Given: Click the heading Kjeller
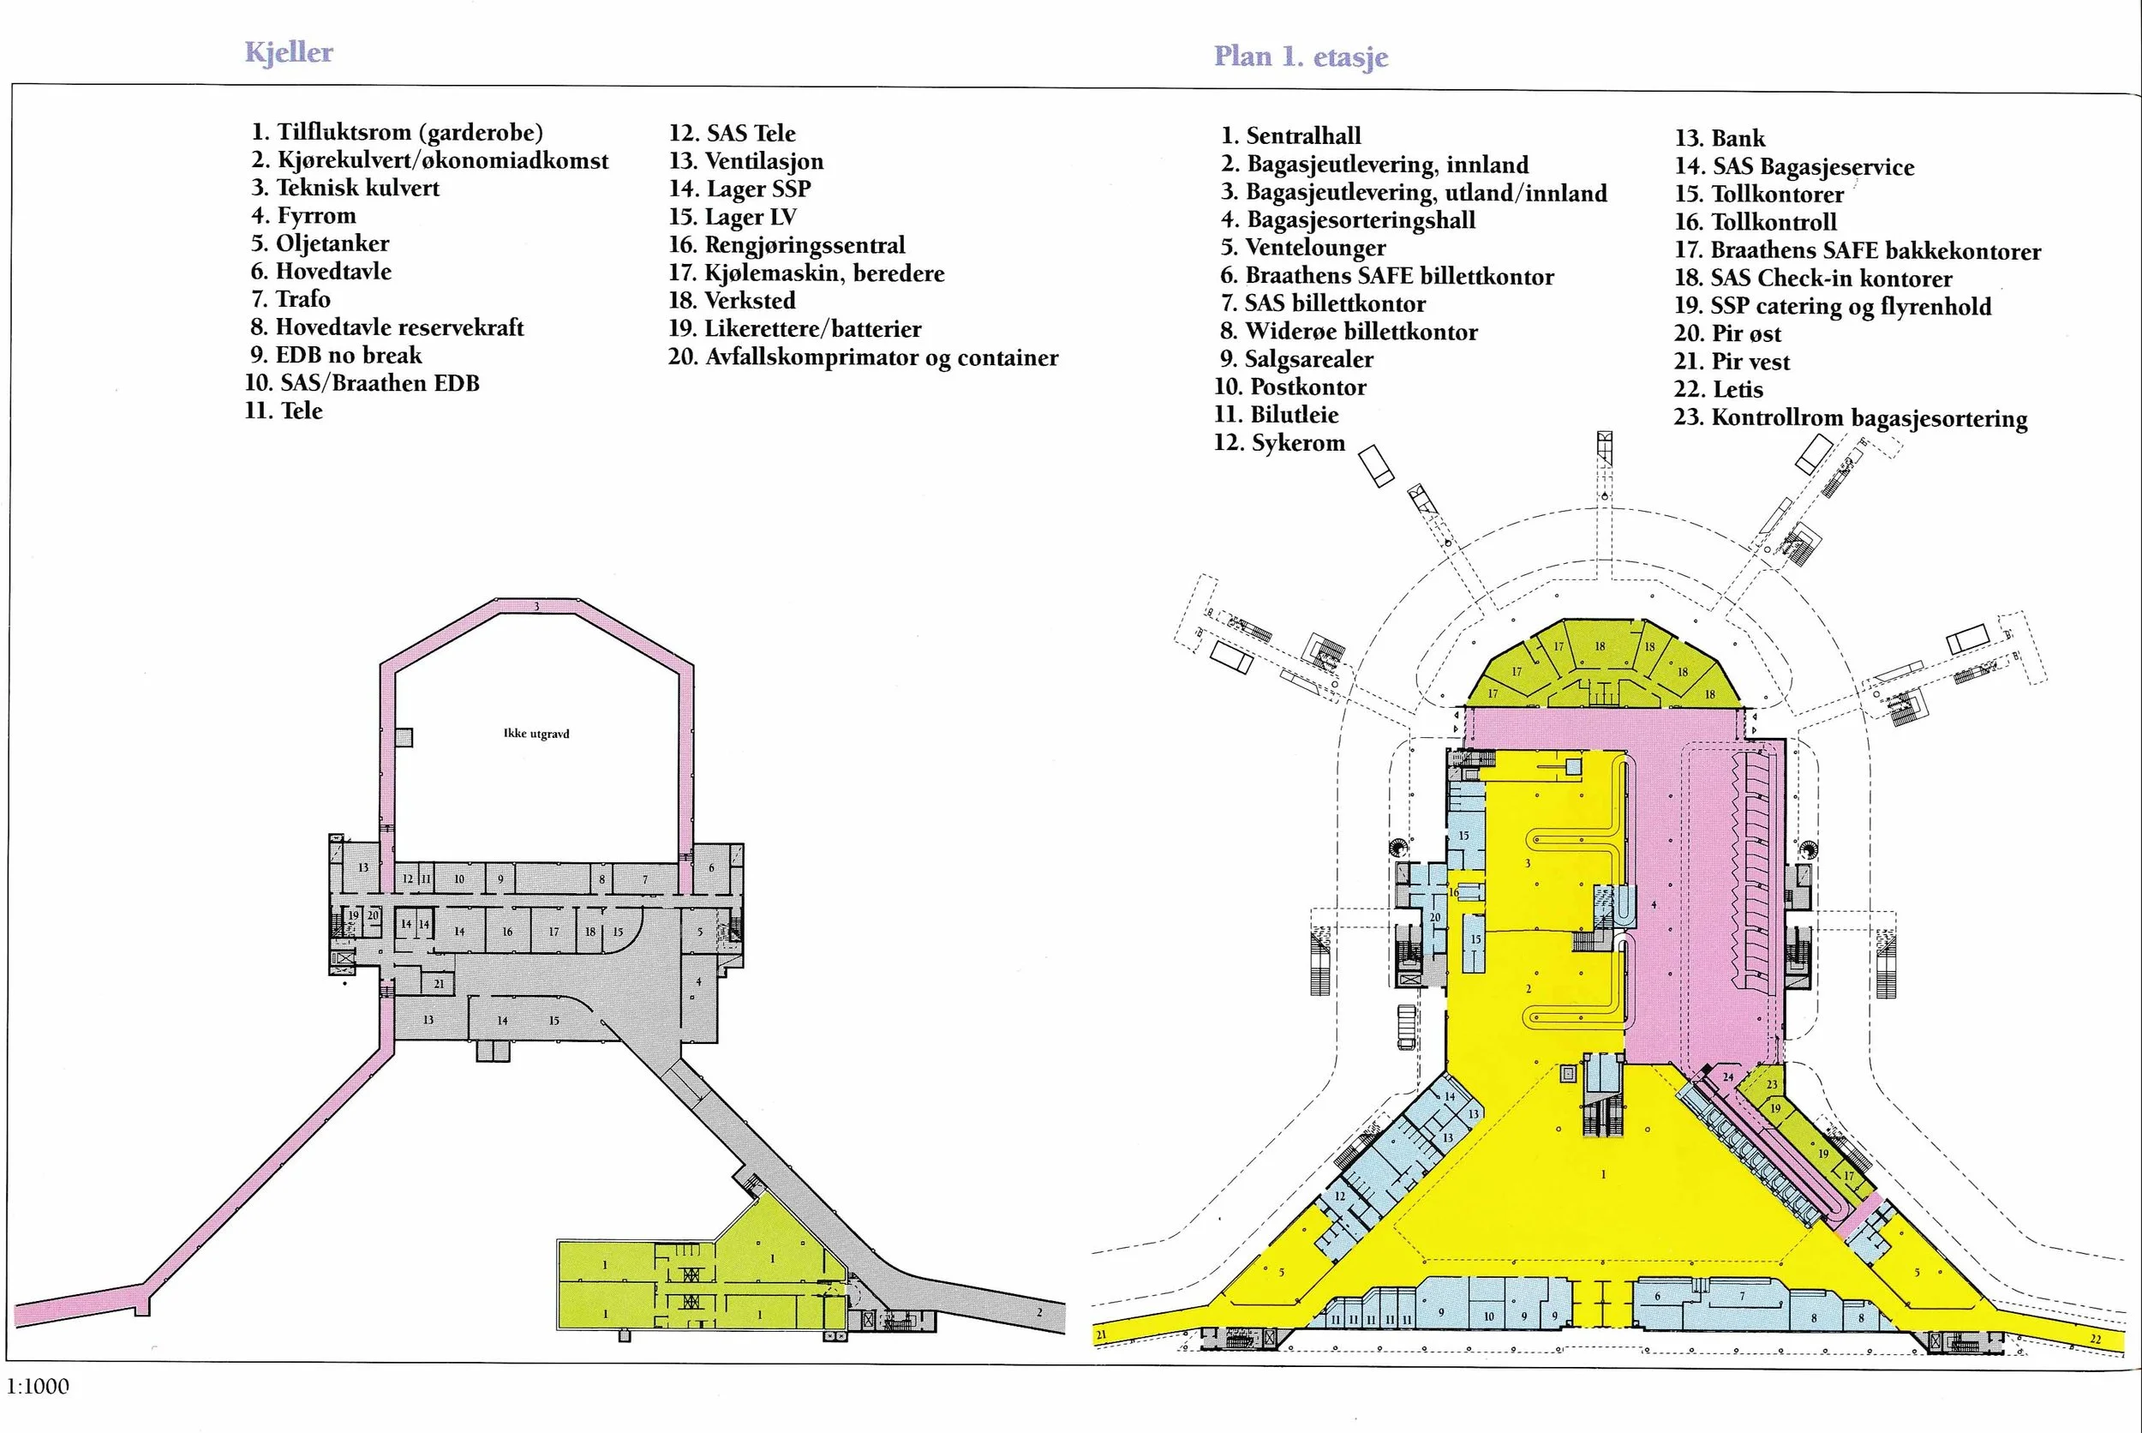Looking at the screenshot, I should click(289, 52).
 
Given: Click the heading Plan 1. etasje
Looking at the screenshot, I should click(1301, 57).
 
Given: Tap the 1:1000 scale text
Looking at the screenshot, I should click(38, 1387).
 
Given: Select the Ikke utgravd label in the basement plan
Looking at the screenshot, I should click(536, 734).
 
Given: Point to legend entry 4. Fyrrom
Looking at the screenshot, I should click(304, 216).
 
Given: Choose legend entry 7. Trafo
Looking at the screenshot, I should click(290, 299).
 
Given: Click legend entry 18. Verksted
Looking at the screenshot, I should click(732, 301).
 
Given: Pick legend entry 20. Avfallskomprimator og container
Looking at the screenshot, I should click(863, 357).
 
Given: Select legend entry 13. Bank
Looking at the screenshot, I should click(1720, 139).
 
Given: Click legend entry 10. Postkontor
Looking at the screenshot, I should click(1290, 387).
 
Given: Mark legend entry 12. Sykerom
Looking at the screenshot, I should click(1280, 443).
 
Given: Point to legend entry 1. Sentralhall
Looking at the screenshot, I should click(1291, 136).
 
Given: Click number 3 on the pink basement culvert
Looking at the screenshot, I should click(536, 606).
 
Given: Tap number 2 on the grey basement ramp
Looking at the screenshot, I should click(1039, 1312).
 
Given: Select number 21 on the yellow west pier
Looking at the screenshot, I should click(1102, 1335).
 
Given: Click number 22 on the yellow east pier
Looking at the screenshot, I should click(2096, 1339).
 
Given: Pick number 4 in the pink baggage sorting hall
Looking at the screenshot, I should click(1654, 905).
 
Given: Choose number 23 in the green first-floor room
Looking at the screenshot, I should click(1772, 1085).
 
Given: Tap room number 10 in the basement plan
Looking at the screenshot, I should click(459, 879).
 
